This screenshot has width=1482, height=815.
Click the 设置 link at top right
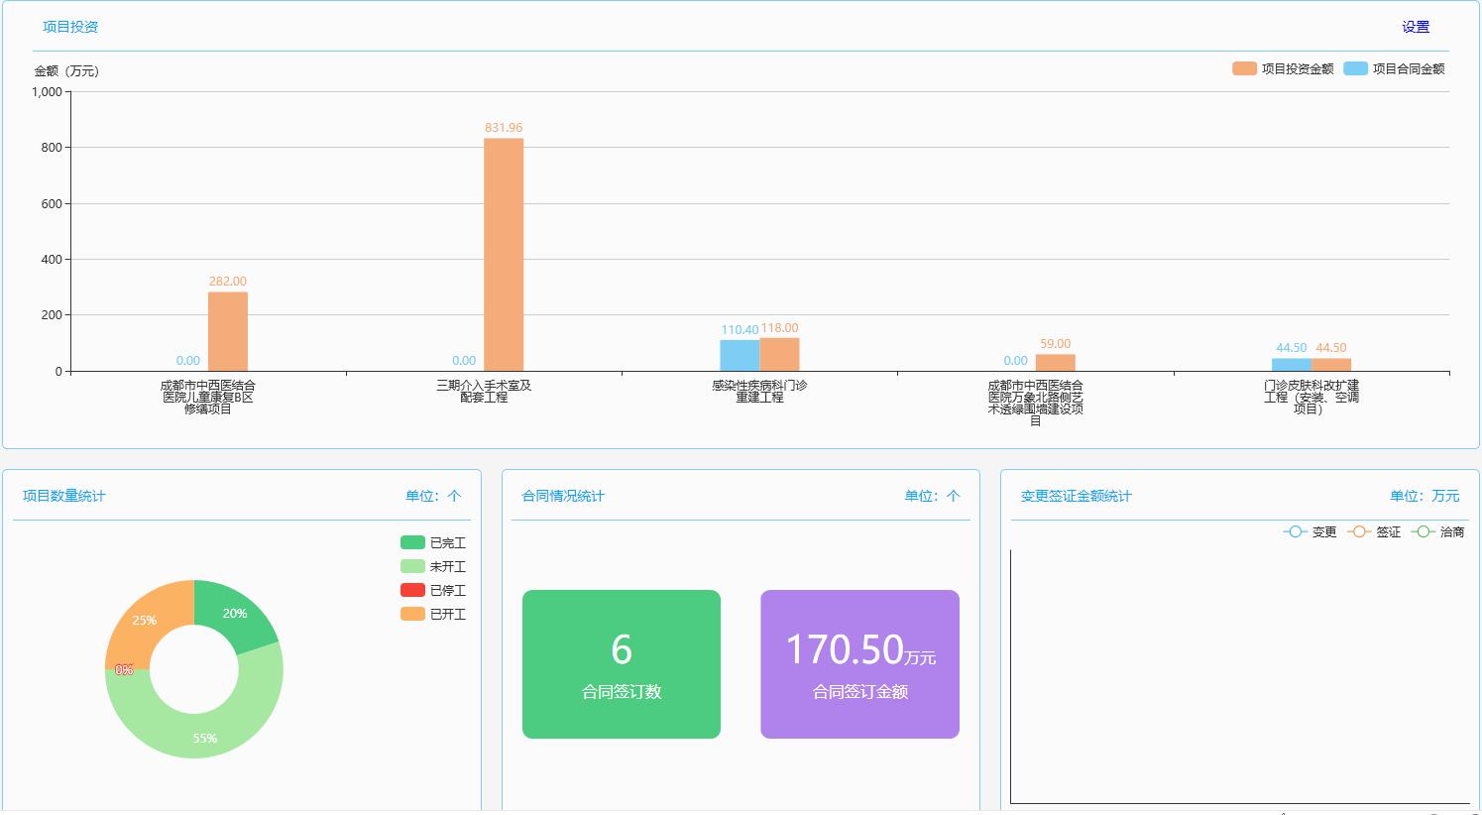pyautogui.click(x=1415, y=27)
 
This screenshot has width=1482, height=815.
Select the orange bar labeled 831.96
pyautogui.click(x=504, y=254)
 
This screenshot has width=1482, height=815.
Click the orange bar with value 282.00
pyautogui.click(x=228, y=331)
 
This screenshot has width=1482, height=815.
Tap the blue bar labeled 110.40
pyautogui.click(x=740, y=355)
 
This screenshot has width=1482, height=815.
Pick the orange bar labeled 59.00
pyautogui.click(x=1055, y=363)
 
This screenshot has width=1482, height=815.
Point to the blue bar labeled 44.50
pyautogui.click(x=1291, y=365)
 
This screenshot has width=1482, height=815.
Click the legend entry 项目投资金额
pyautogui.click(x=1284, y=68)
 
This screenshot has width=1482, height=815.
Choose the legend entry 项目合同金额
pyautogui.click(x=1395, y=68)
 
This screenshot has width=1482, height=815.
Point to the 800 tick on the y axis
pyautogui.click(x=51, y=147)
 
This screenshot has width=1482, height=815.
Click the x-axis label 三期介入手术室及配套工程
pyautogui.click(x=484, y=391)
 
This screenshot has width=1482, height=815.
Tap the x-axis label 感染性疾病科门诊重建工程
pyautogui.click(x=759, y=391)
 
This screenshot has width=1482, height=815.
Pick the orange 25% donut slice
pyautogui.click(x=140, y=620)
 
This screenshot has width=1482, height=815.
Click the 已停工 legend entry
pyautogui.click(x=433, y=590)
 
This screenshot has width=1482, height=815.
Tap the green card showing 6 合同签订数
pyautogui.click(x=622, y=664)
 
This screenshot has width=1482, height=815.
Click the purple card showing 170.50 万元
pyautogui.click(x=859, y=664)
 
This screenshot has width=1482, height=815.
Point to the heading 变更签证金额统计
pyautogui.click(x=1076, y=496)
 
